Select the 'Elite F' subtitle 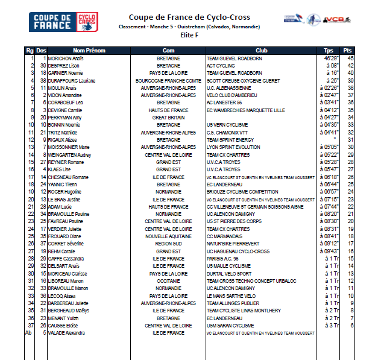189,35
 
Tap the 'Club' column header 261,50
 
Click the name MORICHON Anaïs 66,58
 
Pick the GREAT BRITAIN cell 168,117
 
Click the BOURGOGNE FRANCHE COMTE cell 169,80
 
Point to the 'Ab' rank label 28,333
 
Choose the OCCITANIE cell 168,281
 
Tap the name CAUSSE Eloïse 65,326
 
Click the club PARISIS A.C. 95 223,258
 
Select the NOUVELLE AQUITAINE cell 168,236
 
